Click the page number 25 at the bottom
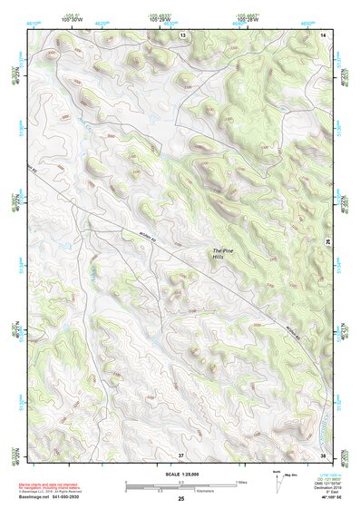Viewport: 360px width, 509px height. click(x=180, y=499)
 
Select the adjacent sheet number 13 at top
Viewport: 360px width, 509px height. click(x=182, y=34)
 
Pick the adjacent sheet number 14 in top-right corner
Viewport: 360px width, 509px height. click(x=323, y=34)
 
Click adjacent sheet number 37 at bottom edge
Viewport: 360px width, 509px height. click(x=180, y=454)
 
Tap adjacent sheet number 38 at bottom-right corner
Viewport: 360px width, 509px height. click(x=323, y=454)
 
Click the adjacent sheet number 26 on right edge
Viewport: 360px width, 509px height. click(x=327, y=242)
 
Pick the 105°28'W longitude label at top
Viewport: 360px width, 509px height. click(x=247, y=17)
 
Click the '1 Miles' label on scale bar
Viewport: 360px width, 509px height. click(x=242, y=481)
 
